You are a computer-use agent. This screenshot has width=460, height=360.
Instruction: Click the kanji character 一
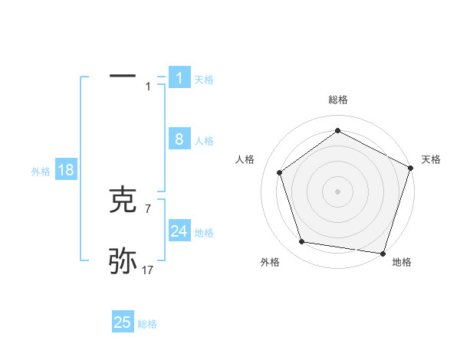click(x=123, y=77)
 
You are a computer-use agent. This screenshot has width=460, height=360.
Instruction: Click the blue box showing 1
click(x=179, y=77)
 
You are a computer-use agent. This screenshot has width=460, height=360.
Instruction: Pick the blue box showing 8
click(x=179, y=139)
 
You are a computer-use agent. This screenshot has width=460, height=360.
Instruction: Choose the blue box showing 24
click(x=179, y=231)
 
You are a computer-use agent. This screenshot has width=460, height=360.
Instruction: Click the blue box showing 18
click(x=66, y=170)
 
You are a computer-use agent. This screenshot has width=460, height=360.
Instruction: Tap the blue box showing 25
click(x=123, y=322)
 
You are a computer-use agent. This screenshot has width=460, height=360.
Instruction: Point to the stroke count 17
click(x=148, y=270)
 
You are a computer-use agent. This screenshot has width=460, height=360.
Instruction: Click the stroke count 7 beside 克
click(x=148, y=208)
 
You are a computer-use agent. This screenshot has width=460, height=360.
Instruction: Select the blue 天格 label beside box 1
click(x=204, y=79)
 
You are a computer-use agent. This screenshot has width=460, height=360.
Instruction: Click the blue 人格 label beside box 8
click(x=204, y=141)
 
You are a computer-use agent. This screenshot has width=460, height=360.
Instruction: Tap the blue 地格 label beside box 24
click(x=204, y=233)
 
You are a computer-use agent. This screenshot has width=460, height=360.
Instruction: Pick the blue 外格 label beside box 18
click(x=41, y=172)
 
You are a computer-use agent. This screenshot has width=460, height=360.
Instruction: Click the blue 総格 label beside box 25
click(x=147, y=325)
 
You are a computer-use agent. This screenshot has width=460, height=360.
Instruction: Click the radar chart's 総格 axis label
click(x=337, y=100)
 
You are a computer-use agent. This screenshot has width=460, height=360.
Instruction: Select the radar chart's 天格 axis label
click(x=431, y=159)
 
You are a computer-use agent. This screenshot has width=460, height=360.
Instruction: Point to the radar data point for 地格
click(x=383, y=253)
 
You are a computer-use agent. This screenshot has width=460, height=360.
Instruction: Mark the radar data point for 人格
click(x=280, y=172)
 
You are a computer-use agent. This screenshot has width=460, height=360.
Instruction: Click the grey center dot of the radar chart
click(x=337, y=191)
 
